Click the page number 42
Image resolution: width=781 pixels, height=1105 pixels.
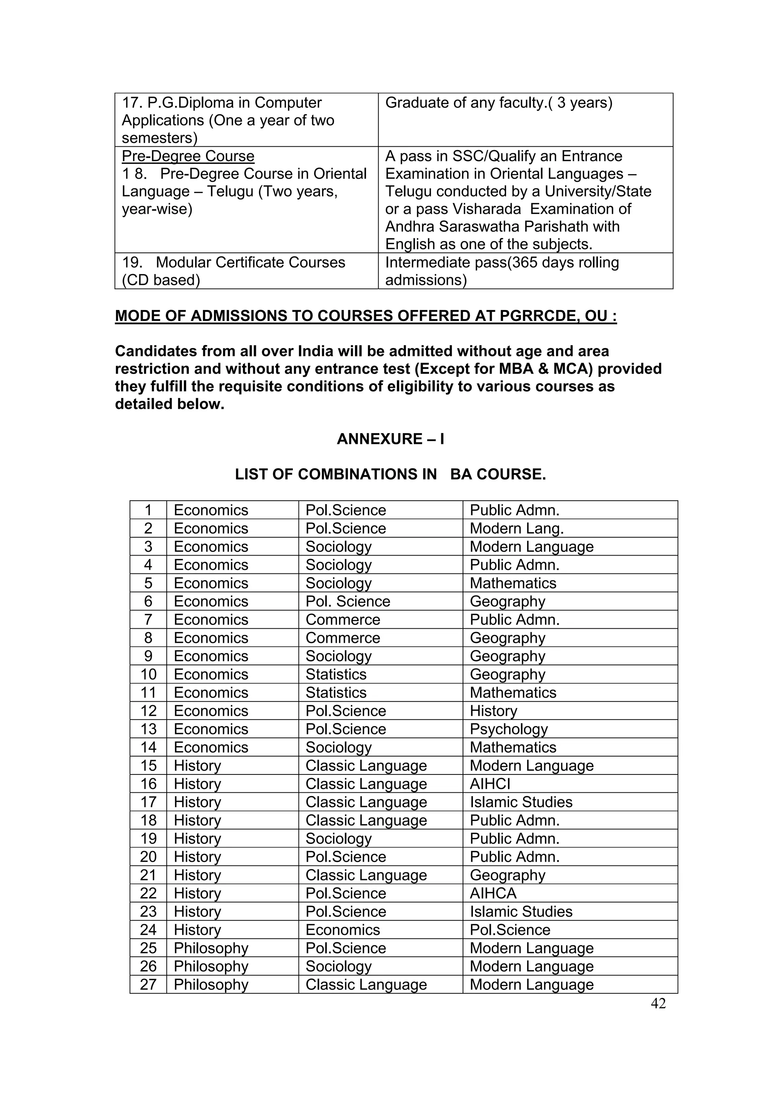[658, 1003]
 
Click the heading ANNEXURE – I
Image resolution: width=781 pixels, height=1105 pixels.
[390, 439]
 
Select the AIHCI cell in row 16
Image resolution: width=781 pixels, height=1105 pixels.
[490, 784]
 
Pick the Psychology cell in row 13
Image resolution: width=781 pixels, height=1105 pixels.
[509, 729]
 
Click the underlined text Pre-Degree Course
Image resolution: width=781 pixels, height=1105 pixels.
[188, 156]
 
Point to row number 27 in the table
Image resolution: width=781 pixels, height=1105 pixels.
[148, 985]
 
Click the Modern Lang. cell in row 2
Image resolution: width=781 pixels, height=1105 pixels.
[516, 528]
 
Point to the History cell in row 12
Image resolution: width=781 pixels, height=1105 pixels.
[493, 711]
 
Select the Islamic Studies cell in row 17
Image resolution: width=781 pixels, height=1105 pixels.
[521, 802]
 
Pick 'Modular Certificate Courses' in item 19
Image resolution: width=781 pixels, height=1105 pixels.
[250, 262]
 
